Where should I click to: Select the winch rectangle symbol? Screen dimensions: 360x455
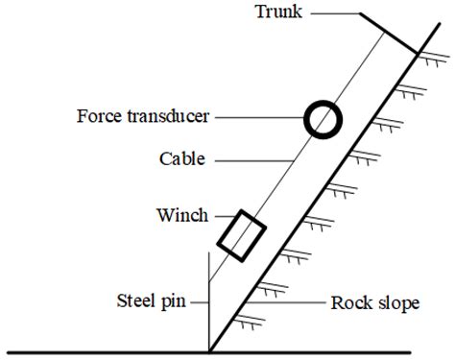(241, 235)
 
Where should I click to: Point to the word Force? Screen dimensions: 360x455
(101, 118)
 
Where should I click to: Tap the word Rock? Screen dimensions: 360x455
(351, 303)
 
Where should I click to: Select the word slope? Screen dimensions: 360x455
(397, 303)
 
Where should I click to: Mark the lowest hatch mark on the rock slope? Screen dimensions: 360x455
(251, 323)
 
